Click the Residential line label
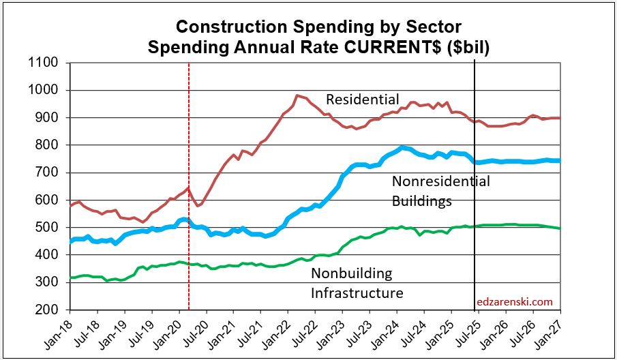[x=362, y=100]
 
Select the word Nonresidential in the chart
[x=440, y=182]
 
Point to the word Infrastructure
[x=357, y=293]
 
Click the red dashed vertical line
[x=188, y=205]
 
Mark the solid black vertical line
[x=475, y=205]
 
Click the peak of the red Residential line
[x=297, y=95]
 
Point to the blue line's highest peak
[x=403, y=147]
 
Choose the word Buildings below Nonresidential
[x=421, y=201]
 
